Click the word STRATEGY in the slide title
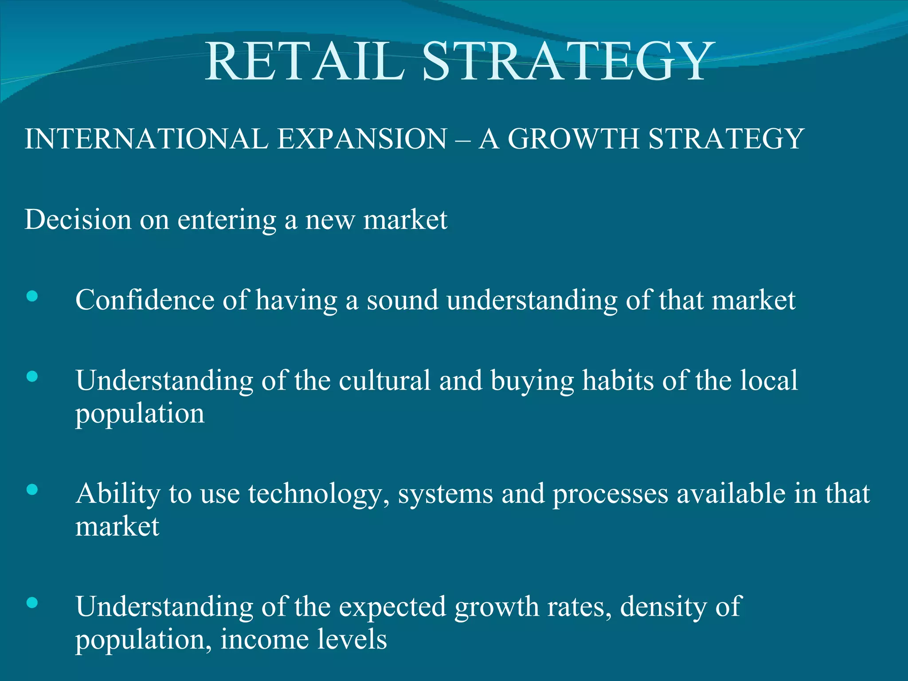[x=569, y=62]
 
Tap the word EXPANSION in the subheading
[x=362, y=139]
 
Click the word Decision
[x=78, y=219]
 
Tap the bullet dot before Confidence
[x=32, y=296]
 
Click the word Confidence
[x=145, y=300]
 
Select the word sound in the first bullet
[x=402, y=300]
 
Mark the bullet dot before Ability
[x=32, y=489]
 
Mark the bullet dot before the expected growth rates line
[x=32, y=603]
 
